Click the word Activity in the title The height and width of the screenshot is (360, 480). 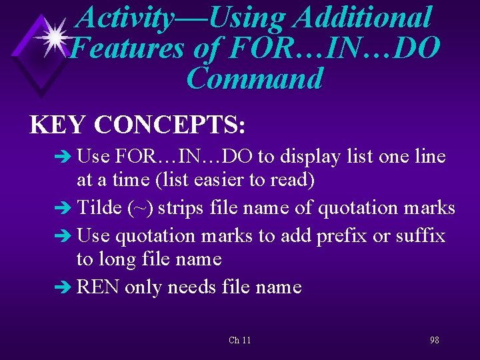(x=125, y=17)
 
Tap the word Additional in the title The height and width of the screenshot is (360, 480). (x=363, y=17)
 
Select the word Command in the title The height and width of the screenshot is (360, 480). (x=255, y=79)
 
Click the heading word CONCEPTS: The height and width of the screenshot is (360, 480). (x=171, y=125)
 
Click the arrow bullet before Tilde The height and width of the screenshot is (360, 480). (x=67, y=209)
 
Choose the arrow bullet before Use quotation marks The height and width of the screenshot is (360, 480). (x=67, y=237)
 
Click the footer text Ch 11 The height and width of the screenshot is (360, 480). (x=239, y=341)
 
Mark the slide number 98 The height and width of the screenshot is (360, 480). (x=434, y=341)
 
